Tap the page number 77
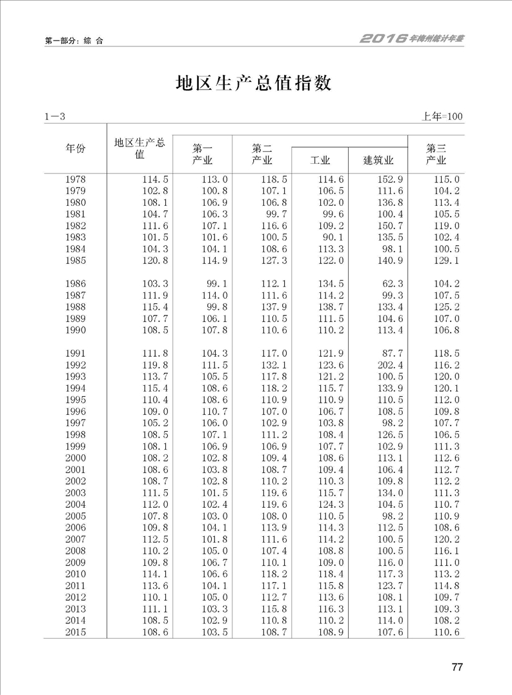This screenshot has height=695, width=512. coord(457,667)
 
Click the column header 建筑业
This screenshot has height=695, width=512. coord(378,160)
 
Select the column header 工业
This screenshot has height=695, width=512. coord(320,160)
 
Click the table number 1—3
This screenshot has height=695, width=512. coord(56,117)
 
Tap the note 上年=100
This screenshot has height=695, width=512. coord(443,117)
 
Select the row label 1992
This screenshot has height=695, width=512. coord(76,365)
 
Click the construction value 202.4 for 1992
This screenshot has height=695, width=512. coord(389,365)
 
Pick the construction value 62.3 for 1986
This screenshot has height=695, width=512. coord(393,283)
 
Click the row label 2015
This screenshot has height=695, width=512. coord(76,632)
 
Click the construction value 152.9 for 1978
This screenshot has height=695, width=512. coord(389,179)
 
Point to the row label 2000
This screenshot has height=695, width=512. coord(76,458)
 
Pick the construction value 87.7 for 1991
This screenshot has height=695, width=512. coord(393,353)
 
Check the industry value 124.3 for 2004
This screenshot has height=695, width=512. coord(331,505)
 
